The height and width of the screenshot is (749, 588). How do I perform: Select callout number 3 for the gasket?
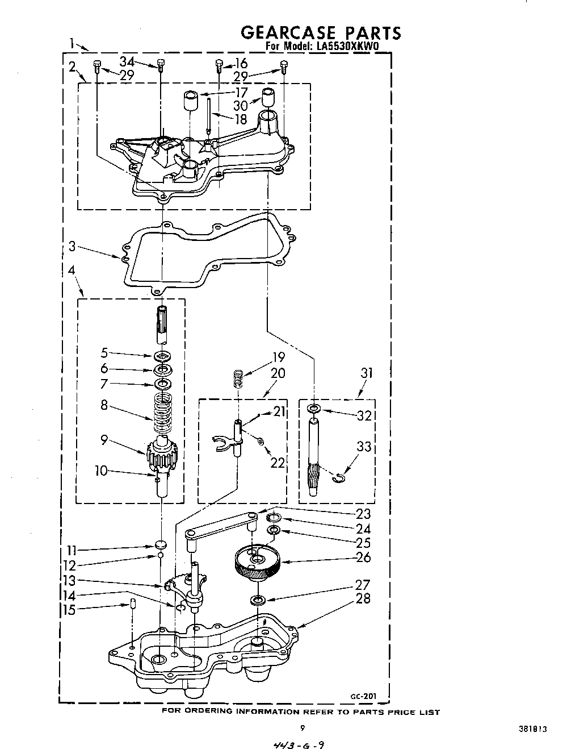[x=72, y=247]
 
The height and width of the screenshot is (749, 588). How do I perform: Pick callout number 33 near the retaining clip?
[x=363, y=447]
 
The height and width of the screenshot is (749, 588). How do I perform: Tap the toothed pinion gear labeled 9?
[x=163, y=455]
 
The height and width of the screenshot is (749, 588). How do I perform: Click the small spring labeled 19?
[x=239, y=378]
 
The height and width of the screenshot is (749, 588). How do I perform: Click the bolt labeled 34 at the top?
[x=161, y=67]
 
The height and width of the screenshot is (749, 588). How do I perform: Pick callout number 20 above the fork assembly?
[x=278, y=373]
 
